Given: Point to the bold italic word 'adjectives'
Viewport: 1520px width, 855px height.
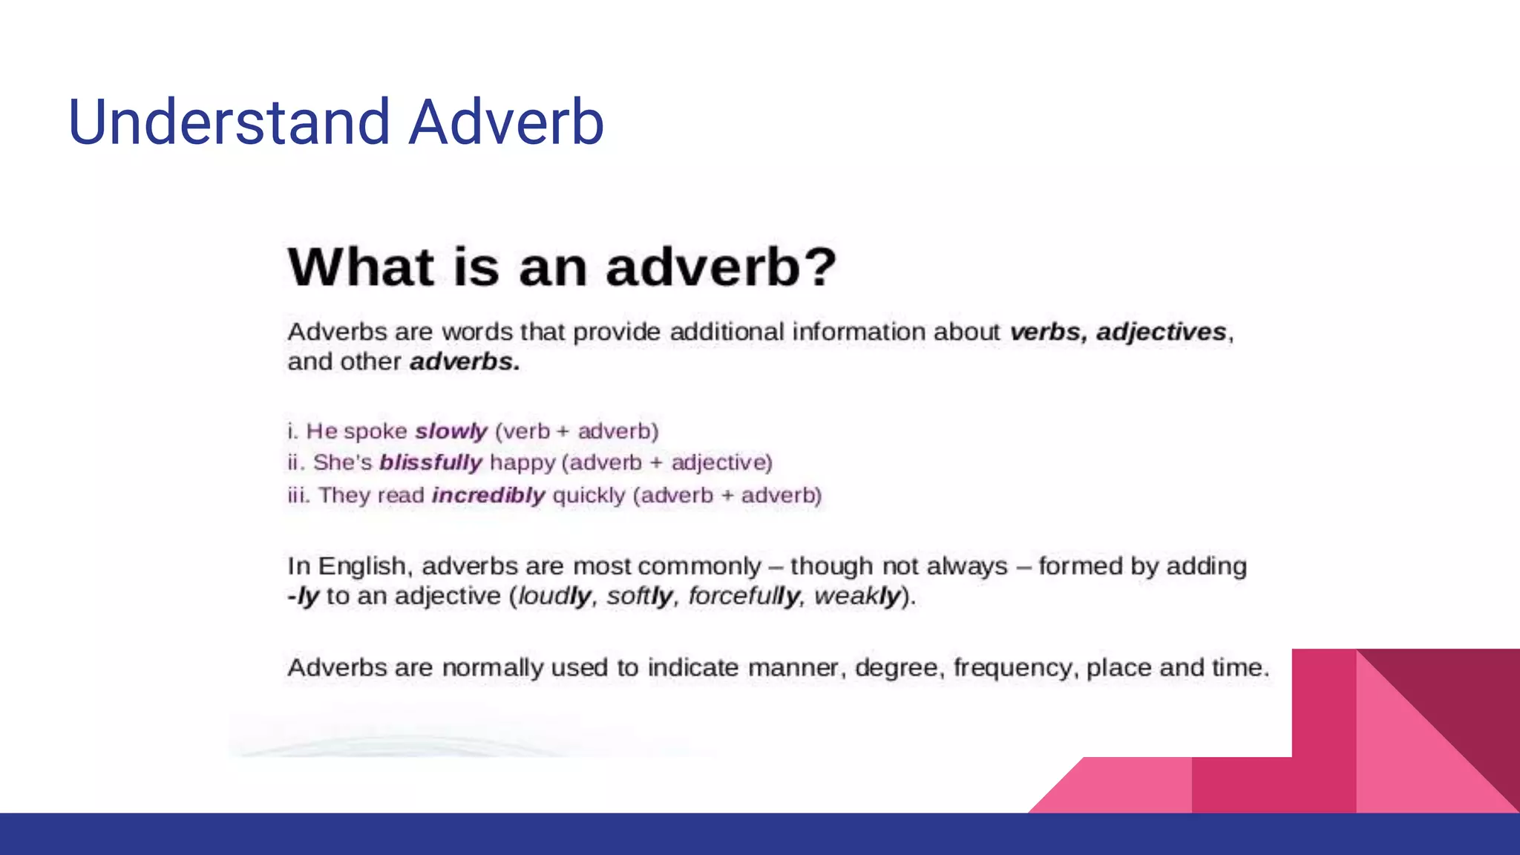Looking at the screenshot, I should click(1161, 332).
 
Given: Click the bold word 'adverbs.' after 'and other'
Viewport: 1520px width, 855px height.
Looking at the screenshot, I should click(465, 362).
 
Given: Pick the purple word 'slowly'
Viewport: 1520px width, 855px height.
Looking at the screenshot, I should click(451, 431).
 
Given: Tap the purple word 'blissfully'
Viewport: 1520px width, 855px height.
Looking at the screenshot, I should click(430, 462).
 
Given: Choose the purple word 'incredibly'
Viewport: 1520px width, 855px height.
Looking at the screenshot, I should click(488, 495).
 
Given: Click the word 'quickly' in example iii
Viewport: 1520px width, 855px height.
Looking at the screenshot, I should click(589, 495).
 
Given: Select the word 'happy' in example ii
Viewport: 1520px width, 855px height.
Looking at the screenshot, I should click(522, 463).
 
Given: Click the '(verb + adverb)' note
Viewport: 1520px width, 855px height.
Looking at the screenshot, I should click(577, 431).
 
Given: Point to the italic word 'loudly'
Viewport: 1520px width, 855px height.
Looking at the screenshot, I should click(555, 596).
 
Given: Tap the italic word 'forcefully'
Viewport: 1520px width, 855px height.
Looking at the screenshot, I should click(744, 596).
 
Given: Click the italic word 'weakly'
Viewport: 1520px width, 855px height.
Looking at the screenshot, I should click(857, 596).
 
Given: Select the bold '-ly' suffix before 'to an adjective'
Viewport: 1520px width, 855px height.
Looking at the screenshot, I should click(303, 596).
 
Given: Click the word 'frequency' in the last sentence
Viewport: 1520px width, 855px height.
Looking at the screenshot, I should click(1012, 668).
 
